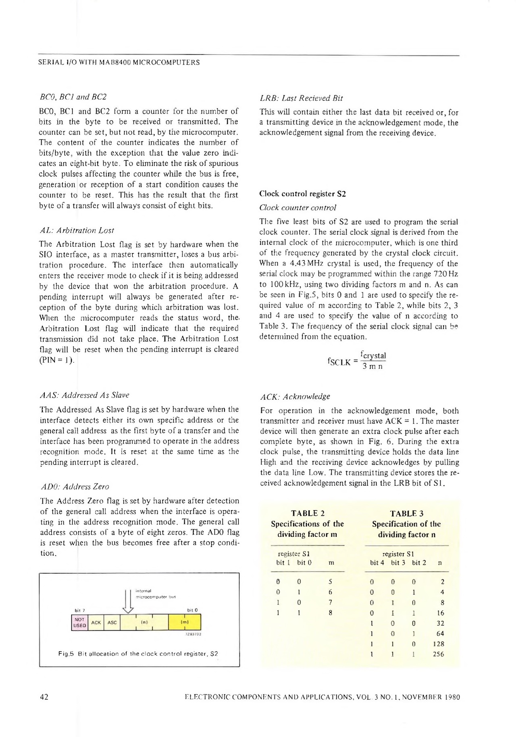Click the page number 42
click(x=44, y=697)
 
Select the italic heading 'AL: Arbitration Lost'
click(x=77, y=230)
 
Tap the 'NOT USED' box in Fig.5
click(x=79, y=622)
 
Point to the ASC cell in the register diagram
click(x=112, y=622)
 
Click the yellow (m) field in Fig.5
click(x=185, y=622)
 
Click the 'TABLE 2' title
click(x=308, y=513)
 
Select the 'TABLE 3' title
click(x=406, y=513)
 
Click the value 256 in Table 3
click(x=438, y=654)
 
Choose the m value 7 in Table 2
click(x=330, y=602)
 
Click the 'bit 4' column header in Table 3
click(x=377, y=562)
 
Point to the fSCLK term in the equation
click(x=340, y=361)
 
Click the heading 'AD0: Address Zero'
click(x=75, y=487)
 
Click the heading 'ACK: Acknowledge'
click(x=295, y=396)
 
